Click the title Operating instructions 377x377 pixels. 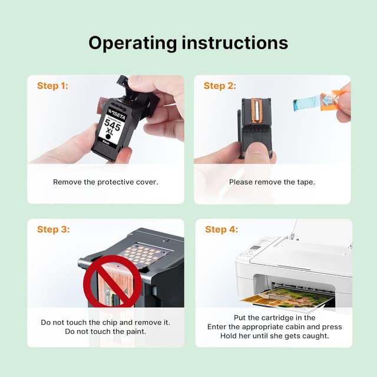[x=188, y=43]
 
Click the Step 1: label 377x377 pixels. [x=52, y=86]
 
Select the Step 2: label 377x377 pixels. [x=220, y=86]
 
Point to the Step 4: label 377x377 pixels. [x=221, y=229]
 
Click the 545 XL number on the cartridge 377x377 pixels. [x=113, y=127]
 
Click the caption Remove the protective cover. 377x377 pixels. [x=105, y=182]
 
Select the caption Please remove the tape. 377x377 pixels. [x=272, y=182]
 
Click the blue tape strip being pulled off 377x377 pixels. [x=306, y=105]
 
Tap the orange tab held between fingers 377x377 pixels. [x=329, y=100]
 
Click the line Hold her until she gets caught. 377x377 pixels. [x=274, y=336]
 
